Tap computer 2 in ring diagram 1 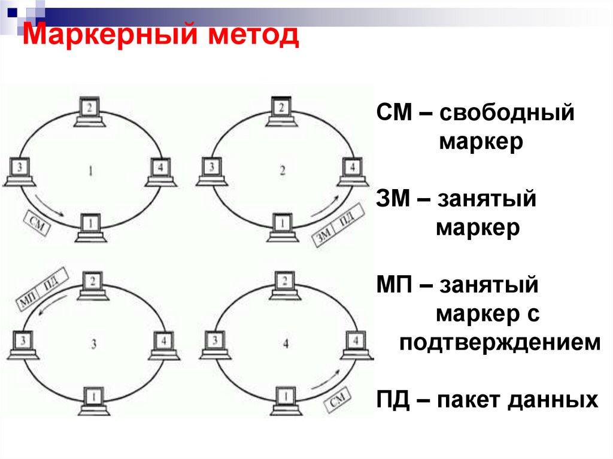(90, 112)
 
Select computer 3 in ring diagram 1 (21, 171)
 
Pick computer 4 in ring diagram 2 (353, 170)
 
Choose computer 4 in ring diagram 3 (164, 345)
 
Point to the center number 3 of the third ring (93, 344)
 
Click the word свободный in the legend (506, 113)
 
